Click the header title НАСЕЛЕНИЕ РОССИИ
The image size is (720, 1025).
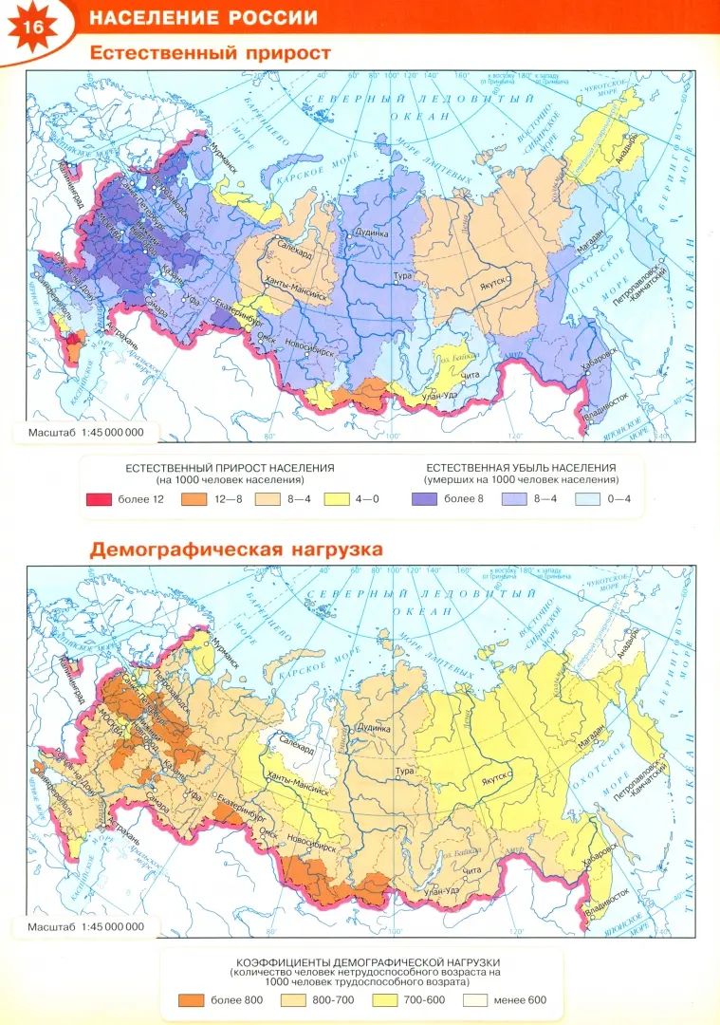(x=203, y=18)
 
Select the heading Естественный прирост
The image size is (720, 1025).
(x=210, y=53)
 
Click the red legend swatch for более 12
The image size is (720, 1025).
(x=99, y=498)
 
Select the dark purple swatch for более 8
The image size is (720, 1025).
(x=425, y=498)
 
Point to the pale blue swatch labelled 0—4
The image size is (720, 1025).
(x=588, y=498)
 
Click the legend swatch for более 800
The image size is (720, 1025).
(x=191, y=999)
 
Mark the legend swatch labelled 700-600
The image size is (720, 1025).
(x=384, y=999)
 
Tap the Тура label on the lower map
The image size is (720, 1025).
(x=405, y=772)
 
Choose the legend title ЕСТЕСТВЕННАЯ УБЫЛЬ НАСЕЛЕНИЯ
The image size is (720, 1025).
(x=521, y=468)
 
